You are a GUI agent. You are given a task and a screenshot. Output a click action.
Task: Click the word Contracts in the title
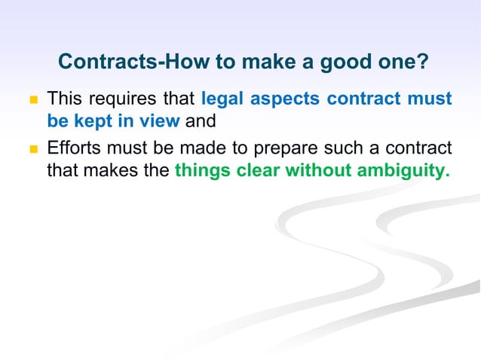[106, 61]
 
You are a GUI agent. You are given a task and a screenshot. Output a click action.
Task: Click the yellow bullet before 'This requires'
[32, 99]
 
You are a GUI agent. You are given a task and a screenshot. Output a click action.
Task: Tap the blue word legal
[222, 99]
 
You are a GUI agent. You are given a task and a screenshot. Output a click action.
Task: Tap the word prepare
[288, 148]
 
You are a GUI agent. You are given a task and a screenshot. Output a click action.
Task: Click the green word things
[203, 171]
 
